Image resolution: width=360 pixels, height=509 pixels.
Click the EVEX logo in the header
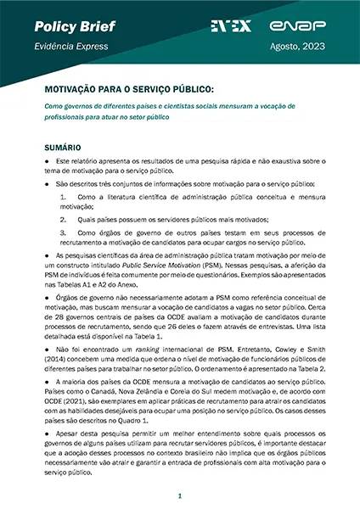(x=230, y=26)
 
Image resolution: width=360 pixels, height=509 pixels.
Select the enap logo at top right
(x=311, y=26)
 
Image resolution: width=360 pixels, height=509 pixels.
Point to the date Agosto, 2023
(x=301, y=49)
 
